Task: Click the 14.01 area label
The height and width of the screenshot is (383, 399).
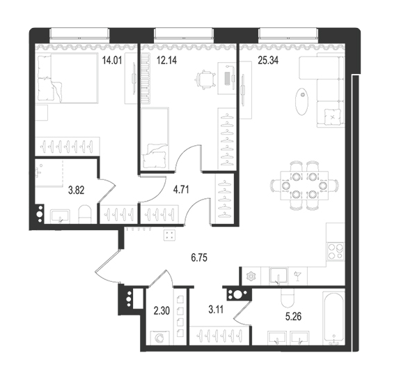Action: point(112,61)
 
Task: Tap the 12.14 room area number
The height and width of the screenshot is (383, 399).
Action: point(166,61)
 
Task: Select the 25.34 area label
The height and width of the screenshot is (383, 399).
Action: point(268,61)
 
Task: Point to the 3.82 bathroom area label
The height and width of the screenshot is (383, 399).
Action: point(77,190)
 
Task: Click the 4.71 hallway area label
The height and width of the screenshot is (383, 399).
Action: point(181,190)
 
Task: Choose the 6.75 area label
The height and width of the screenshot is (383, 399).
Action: point(199,258)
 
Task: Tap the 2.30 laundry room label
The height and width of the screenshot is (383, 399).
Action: point(162,311)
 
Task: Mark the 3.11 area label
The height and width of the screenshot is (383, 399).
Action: point(216,310)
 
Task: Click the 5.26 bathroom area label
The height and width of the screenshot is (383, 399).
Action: point(293,317)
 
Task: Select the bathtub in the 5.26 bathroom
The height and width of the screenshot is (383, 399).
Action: point(334,317)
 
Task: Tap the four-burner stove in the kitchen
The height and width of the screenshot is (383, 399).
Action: point(336,251)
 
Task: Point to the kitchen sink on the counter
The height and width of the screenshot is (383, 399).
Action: point(279,276)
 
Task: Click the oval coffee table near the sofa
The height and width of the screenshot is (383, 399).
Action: point(302,102)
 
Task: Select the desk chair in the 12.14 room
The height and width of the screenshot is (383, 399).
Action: point(205,80)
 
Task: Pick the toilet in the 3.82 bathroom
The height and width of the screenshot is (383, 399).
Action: point(85,215)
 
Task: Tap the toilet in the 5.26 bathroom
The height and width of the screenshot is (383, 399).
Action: point(288,298)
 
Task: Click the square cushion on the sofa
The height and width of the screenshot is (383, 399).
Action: point(333,117)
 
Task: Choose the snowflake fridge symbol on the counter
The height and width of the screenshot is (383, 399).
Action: point(251,276)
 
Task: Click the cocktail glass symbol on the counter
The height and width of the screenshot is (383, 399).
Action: point(297,276)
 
